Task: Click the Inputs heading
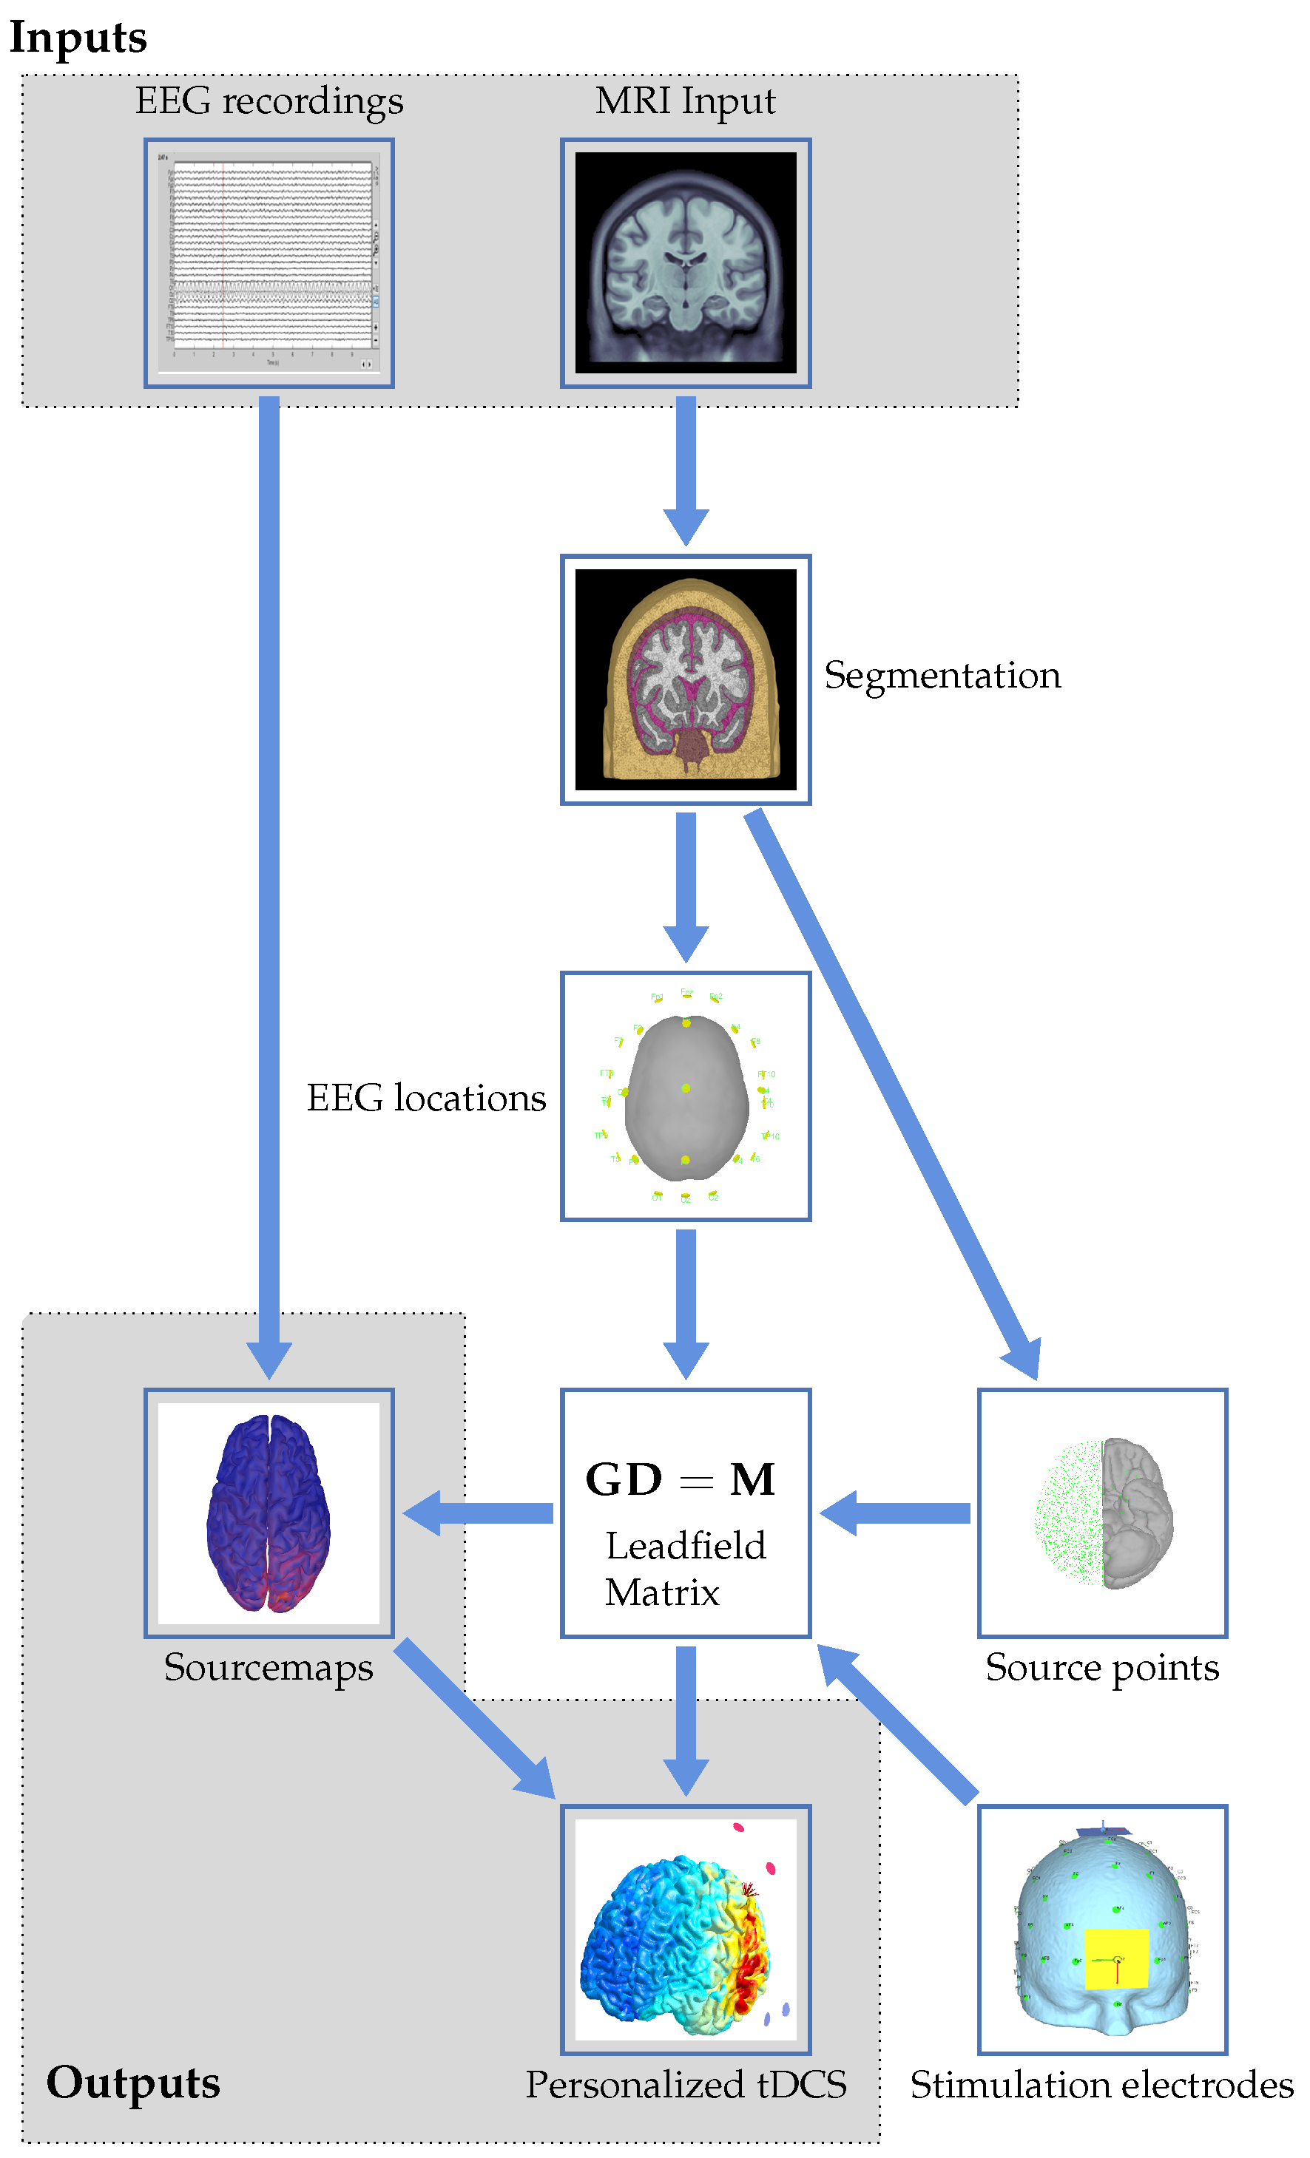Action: [x=78, y=38]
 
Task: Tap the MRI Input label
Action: [x=684, y=101]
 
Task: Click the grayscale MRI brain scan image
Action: [x=684, y=262]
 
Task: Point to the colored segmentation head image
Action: [x=684, y=679]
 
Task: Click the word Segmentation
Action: [x=942, y=675]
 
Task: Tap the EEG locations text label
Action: [x=426, y=1097]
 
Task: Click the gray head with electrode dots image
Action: [x=684, y=1096]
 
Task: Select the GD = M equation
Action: [x=680, y=1480]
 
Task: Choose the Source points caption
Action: [x=1101, y=1666]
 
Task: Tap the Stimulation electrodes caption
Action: [x=1101, y=2084]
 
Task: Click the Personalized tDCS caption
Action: [x=685, y=2084]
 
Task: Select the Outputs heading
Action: [x=132, y=2082]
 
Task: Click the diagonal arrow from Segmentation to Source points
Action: [x=889, y=1086]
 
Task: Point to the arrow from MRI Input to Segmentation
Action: [x=685, y=469]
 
